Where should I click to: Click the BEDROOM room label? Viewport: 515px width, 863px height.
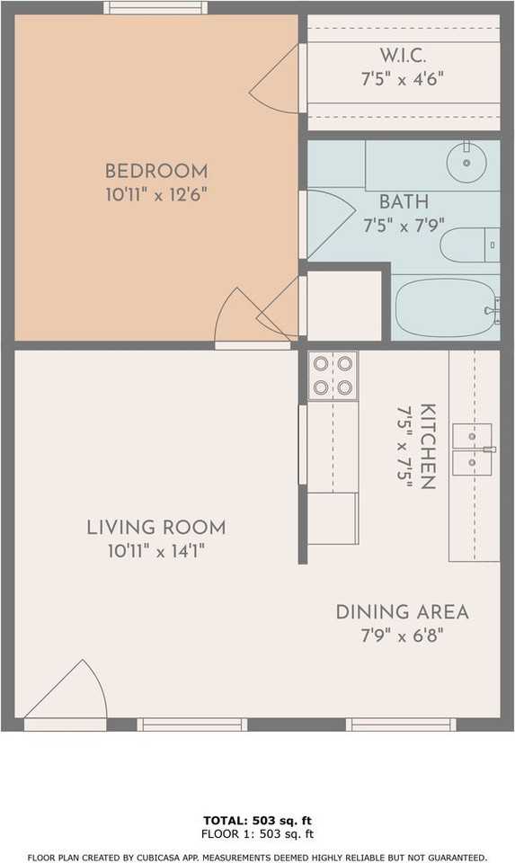155,171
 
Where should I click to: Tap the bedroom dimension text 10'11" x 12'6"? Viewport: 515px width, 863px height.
155,193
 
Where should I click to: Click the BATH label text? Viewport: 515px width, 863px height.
404,201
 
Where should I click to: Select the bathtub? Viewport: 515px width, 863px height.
446,308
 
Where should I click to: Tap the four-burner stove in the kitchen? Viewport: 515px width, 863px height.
333,375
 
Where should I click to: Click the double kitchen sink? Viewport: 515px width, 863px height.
473,449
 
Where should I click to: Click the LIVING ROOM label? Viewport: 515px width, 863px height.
155,528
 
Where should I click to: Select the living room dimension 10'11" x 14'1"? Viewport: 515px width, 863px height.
155,550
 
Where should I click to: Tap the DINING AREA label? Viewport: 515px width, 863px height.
402,612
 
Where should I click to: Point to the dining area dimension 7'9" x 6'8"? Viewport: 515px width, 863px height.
402,635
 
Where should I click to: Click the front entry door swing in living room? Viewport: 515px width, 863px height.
67,692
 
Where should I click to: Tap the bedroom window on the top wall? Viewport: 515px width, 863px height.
155,8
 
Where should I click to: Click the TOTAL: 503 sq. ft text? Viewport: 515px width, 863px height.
257,821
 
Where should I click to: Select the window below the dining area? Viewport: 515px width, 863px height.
400,725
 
